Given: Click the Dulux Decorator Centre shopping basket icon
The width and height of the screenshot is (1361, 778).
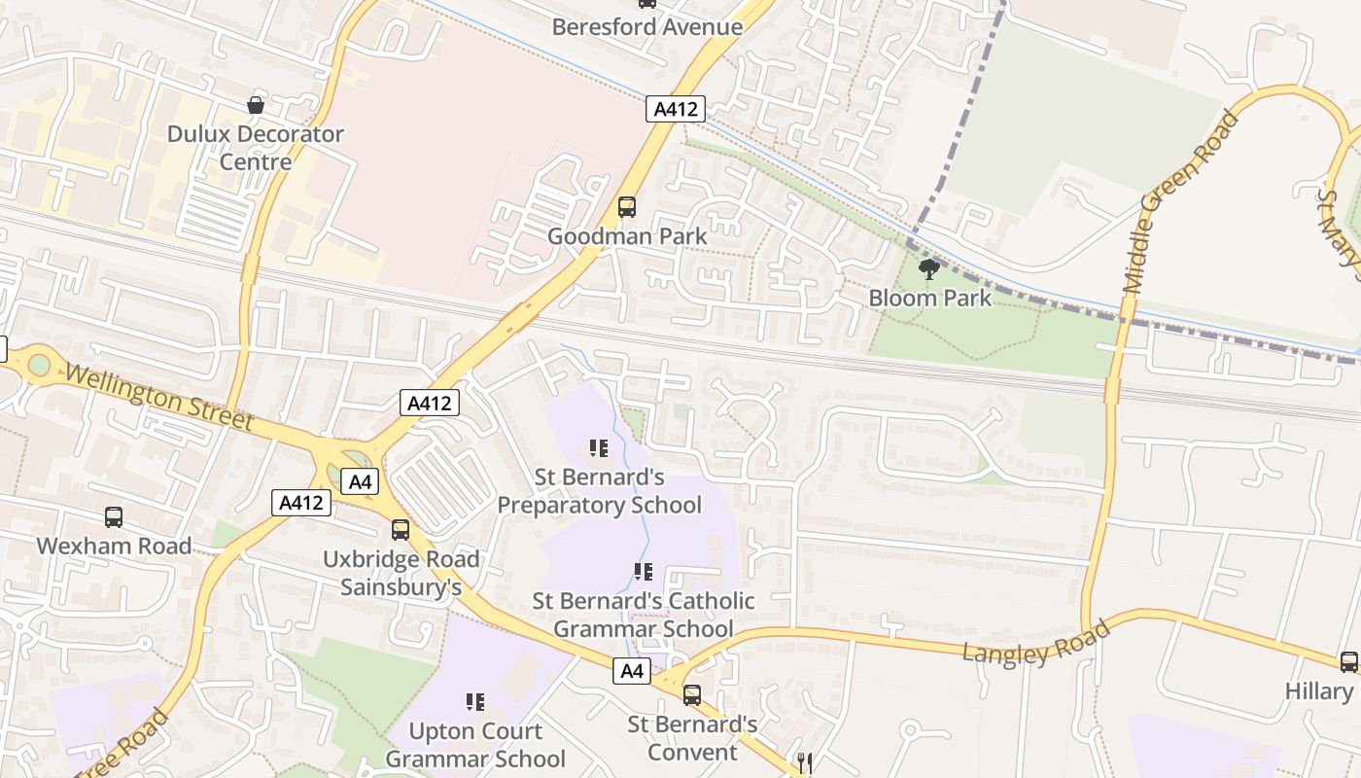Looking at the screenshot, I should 256,105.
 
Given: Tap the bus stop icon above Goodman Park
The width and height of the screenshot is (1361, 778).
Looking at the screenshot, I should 627,207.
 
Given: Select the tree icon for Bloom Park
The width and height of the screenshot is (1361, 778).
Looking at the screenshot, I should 929,269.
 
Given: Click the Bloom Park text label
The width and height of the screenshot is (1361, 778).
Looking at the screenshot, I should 929,298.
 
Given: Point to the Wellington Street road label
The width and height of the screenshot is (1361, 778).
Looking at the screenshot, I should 159,397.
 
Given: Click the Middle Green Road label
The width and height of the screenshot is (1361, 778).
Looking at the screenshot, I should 1181,203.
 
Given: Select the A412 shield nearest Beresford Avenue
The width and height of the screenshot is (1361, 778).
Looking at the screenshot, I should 675,109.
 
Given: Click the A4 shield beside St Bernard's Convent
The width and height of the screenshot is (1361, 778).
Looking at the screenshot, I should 632,670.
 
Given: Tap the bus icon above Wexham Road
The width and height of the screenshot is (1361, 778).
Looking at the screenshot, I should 114,517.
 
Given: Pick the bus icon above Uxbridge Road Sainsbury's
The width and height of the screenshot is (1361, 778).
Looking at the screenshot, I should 401,530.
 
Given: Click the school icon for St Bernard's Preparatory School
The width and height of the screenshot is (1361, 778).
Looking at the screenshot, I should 599,448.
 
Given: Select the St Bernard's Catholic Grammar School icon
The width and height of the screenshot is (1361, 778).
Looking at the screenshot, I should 643,572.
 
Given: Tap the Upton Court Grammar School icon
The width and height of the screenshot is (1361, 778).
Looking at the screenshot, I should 475,702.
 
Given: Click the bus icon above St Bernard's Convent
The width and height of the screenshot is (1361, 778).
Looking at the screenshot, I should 692,695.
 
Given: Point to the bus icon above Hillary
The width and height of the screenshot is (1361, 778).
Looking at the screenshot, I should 1349,662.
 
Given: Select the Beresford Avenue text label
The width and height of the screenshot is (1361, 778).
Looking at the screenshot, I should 646,27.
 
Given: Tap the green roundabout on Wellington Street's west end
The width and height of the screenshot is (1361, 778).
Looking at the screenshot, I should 39,365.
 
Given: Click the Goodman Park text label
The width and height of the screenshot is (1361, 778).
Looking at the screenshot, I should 627,235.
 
